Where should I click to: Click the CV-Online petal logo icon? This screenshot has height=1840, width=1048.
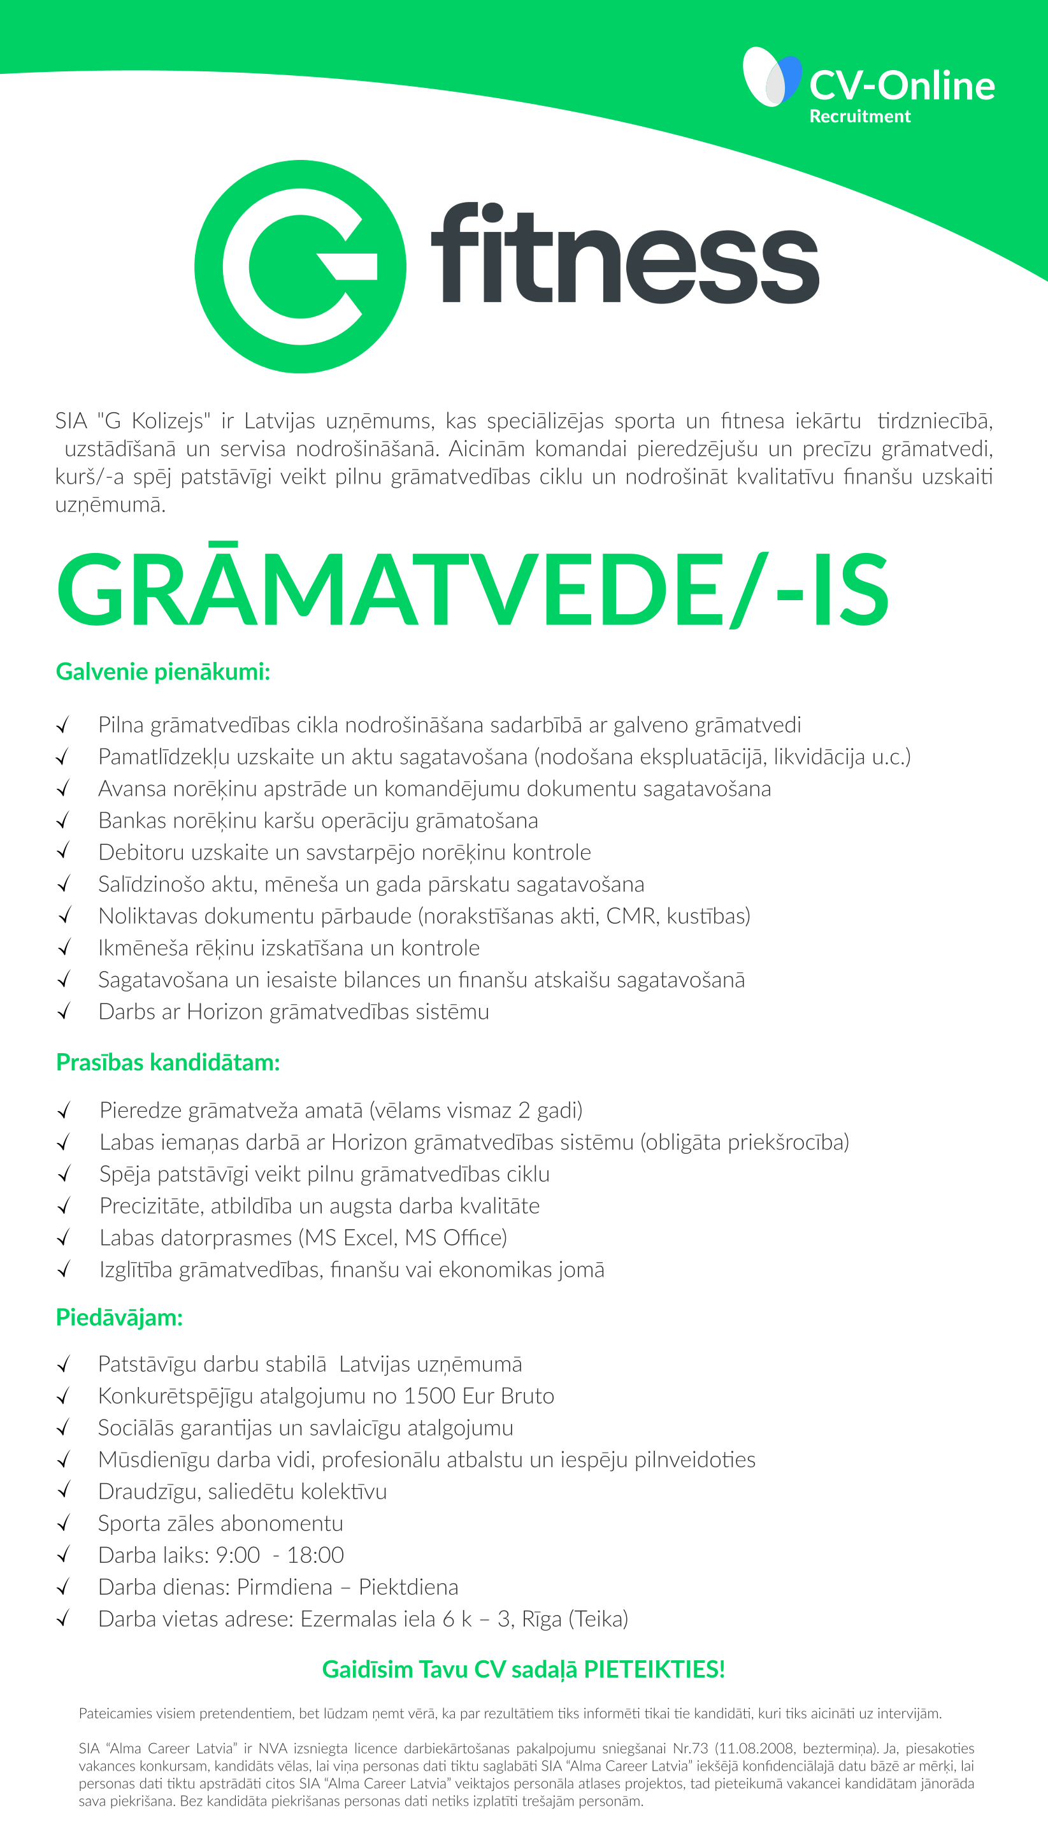coord(772,78)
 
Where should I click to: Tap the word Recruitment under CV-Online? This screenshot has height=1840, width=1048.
coord(859,117)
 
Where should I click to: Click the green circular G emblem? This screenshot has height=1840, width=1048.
coord(300,266)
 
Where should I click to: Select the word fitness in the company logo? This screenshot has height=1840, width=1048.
coord(624,255)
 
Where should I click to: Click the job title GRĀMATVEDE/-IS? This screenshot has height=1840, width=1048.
coord(473,590)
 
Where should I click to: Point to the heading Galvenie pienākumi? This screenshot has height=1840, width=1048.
coord(162,672)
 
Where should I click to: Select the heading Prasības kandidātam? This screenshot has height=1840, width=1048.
coord(168,1063)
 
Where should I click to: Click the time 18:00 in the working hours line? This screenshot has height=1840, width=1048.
coord(315,1555)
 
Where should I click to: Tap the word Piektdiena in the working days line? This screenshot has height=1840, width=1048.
coord(408,1586)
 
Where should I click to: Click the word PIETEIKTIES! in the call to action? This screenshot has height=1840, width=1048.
coord(654,1669)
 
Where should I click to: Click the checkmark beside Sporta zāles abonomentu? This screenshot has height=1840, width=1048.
coord(63,1523)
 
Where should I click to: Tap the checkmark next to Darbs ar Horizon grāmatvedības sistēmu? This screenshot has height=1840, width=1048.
coord(63,1012)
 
